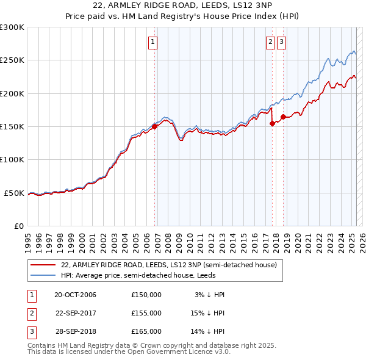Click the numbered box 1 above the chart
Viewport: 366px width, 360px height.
tap(152, 42)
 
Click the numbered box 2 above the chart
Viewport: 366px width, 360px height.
tap(270, 42)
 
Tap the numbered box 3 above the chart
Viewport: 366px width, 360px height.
tap(281, 42)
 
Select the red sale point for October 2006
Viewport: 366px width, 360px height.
tap(155, 126)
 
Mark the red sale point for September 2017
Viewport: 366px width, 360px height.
tap(272, 123)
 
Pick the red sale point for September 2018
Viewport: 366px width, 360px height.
tap(283, 117)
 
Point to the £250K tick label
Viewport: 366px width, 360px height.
tap(12, 60)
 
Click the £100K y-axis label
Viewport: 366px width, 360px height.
tap(12, 159)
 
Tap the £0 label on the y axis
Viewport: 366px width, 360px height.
tap(18, 226)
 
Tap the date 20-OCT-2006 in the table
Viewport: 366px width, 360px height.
tap(75, 295)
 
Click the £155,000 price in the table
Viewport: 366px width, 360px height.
tap(146, 313)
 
